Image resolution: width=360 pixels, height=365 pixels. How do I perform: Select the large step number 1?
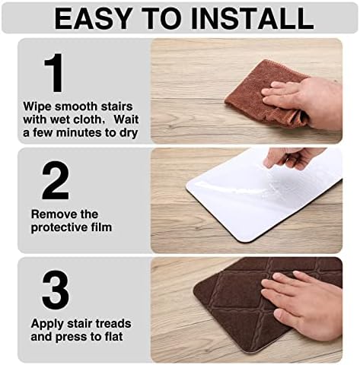click(53, 74)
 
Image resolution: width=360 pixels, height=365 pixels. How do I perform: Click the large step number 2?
click(55, 180)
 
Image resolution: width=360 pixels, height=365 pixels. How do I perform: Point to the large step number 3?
click(55, 290)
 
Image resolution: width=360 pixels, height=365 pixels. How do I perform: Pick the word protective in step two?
click(61, 227)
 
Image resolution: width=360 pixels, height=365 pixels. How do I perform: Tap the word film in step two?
click(101, 227)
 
